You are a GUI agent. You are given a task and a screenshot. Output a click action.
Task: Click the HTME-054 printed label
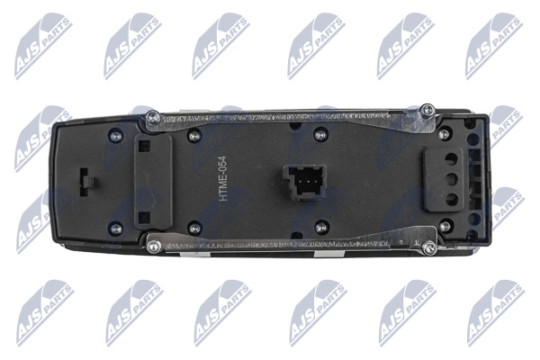(223, 178)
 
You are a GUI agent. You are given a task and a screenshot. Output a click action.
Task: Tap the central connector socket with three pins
(304, 183)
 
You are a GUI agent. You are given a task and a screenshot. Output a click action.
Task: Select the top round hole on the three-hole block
(452, 158)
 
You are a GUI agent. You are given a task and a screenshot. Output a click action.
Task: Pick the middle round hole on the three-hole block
(452, 179)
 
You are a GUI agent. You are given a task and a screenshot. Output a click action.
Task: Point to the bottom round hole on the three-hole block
(452, 200)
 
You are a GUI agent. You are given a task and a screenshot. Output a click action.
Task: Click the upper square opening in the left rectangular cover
(144, 147)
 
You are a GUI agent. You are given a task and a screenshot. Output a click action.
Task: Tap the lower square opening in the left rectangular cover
(144, 217)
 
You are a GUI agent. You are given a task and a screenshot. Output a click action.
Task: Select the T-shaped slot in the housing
(86, 182)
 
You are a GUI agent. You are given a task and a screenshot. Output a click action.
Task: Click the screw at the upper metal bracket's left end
(153, 118)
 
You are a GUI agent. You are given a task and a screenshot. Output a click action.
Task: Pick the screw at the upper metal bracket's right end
(427, 110)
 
